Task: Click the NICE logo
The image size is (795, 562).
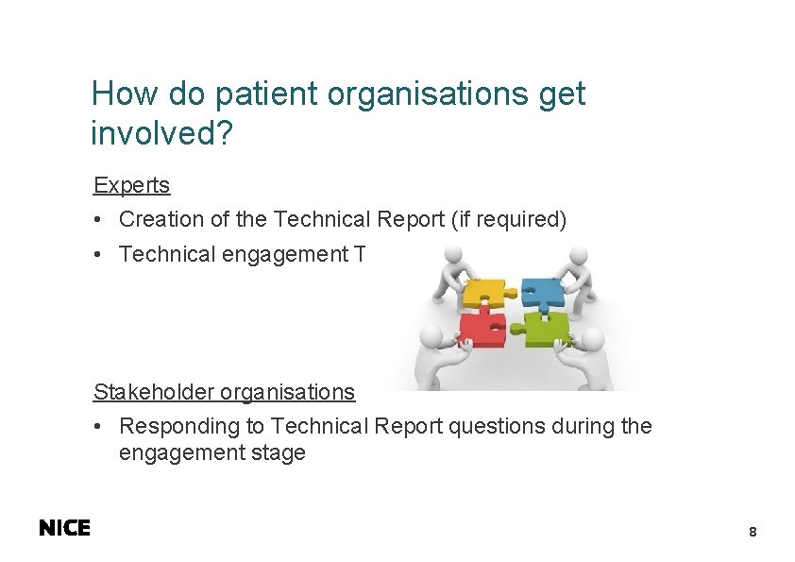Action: click(x=64, y=529)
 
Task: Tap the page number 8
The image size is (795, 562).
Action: click(x=753, y=533)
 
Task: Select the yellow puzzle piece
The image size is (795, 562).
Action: click(x=483, y=292)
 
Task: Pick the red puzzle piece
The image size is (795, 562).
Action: click(x=481, y=330)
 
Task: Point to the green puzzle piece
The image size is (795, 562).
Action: click(x=545, y=330)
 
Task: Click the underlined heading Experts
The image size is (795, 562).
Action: click(x=131, y=185)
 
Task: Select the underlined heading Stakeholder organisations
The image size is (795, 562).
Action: click(x=224, y=392)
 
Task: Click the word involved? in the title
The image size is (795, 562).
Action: click(x=161, y=133)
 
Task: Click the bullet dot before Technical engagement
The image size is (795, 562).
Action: click(x=97, y=255)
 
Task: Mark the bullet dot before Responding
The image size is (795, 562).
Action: click(x=97, y=427)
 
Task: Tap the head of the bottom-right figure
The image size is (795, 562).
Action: click(x=594, y=339)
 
